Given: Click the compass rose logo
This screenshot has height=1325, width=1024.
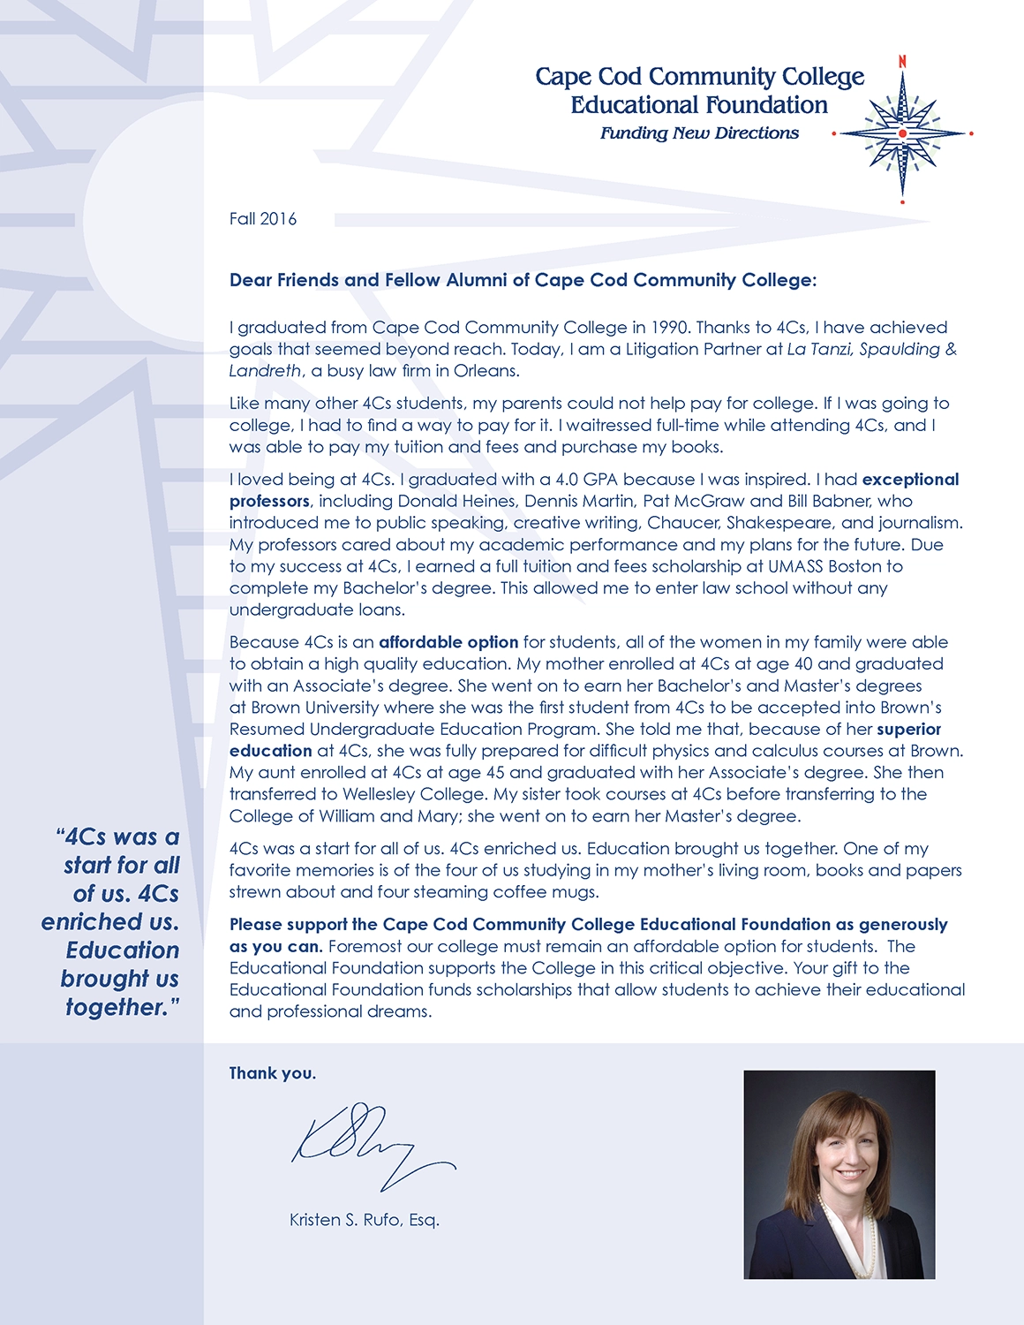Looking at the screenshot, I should coord(902,133).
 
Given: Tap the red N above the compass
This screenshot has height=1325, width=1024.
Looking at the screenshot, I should coord(902,62).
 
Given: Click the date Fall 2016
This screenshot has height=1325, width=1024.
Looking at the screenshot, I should coord(263,219).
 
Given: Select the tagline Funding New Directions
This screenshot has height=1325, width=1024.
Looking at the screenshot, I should coord(699,133).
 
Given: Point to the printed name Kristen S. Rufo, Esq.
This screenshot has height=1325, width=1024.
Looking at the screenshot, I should coord(364,1220).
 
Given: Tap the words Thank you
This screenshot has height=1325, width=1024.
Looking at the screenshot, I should coord(272,1073).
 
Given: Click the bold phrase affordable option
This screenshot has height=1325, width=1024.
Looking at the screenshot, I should coord(448,642).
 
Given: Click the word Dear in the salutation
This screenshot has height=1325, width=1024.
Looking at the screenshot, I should coord(251,280).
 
